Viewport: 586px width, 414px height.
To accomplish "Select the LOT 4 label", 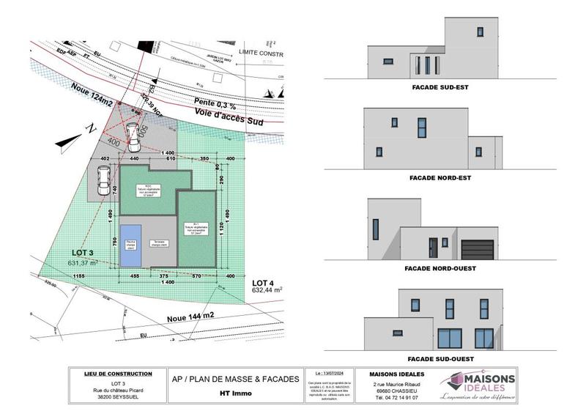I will [264, 282].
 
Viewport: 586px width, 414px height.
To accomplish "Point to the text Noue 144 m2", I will [191, 317].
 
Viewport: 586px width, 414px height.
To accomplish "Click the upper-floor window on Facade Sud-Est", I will [481, 32].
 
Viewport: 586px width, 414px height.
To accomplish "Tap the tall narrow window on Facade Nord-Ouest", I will [376, 229].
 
